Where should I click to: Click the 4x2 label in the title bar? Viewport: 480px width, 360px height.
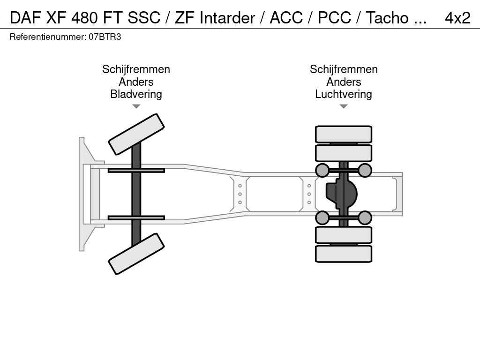[x=457, y=18]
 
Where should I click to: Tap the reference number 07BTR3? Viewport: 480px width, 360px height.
[x=105, y=37]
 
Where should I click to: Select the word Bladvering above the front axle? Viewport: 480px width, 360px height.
[x=136, y=94]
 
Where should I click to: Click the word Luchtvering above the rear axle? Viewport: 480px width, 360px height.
[x=344, y=94]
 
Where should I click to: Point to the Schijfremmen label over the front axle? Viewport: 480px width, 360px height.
[x=136, y=69]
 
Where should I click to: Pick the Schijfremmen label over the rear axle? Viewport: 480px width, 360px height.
[x=344, y=69]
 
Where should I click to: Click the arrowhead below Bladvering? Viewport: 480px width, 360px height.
[x=136, y=106]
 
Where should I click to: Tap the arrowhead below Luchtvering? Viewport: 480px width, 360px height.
[x=344, y=106]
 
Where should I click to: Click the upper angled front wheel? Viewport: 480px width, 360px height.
[x=136, y=134]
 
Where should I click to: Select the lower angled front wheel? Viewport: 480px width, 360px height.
[x=136, y=254]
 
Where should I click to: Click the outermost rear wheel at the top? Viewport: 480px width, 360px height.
[x=344, y=134]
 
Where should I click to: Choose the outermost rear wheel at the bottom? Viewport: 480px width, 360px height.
[x=344, y=254]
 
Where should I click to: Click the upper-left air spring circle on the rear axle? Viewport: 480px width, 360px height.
[x=322, y=170]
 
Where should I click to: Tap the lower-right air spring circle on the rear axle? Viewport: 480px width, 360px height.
[x=365, y=218]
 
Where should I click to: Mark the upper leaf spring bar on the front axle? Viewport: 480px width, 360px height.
[x=136, y=170]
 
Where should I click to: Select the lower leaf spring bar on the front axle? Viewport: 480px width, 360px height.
[x=136, y=217]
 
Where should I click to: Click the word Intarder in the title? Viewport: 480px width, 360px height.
[x=227, y=18]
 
